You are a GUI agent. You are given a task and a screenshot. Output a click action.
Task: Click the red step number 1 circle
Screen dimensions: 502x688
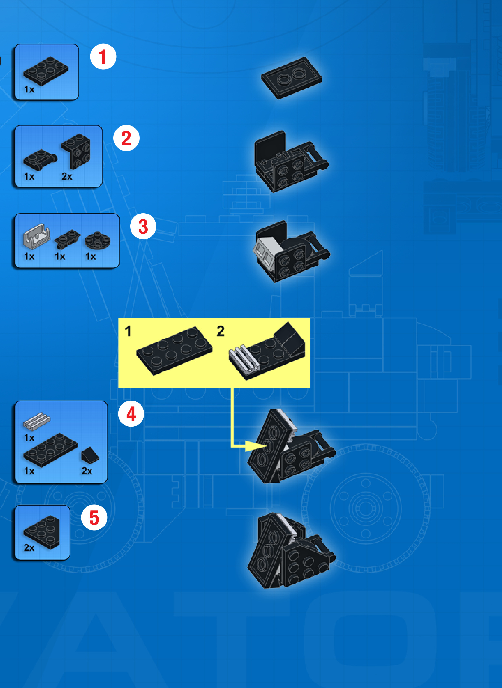point(103,57)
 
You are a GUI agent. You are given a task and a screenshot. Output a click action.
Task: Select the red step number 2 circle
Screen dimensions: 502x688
point(126,138)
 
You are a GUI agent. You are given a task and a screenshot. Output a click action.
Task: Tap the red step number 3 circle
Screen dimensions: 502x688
point(143,226)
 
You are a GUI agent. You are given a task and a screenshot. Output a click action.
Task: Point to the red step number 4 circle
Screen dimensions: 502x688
point(131,414)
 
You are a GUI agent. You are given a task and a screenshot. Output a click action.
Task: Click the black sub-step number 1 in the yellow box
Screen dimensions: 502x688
point(128,331)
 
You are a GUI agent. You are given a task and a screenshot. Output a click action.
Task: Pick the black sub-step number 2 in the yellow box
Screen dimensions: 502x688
point(221,331)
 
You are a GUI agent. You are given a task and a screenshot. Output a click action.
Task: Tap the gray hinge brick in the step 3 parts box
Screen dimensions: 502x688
point(36,236)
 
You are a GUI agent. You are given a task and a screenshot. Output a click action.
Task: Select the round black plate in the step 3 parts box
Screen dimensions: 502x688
point(98,241)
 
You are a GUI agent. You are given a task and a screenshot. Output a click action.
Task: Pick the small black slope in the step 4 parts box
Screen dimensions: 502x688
point(90,455)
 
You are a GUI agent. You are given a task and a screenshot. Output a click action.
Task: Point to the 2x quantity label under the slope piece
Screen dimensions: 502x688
point(87,471)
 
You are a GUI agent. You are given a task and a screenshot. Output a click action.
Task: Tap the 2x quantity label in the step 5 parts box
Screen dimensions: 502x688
point(29,548)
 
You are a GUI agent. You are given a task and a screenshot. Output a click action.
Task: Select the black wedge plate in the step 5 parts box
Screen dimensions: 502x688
point(42,532)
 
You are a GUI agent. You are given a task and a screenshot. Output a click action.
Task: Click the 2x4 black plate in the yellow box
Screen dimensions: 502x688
point(174,350)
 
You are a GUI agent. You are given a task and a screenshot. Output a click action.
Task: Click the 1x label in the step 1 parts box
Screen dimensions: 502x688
point(29,89)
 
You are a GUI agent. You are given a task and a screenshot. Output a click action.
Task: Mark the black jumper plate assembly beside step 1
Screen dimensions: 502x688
point(291,78)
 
